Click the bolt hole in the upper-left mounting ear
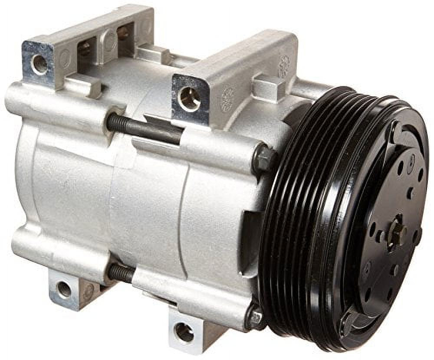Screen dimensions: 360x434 pyautogui.click(x=39, y=65)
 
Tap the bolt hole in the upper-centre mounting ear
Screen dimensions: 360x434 pyautogui.click(x=189, y=98)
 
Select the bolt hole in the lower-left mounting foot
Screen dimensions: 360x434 pyautogui.click(x=64, y=289)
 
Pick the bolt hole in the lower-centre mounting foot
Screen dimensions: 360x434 pyautogui.click(x=184, y=332)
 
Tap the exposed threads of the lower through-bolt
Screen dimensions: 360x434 pyautogui.click(x=122, y=273)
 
